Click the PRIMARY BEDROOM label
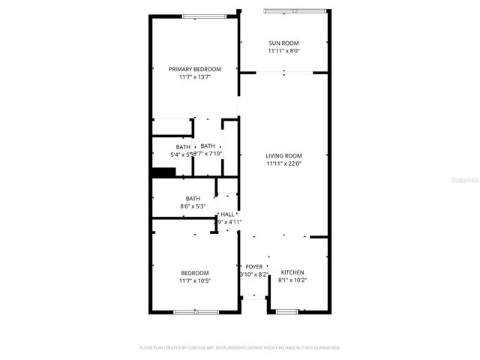click(194, 69)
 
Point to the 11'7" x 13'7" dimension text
click(194, 77)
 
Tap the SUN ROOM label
click(283, 43)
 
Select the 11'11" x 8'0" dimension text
click(283, 52)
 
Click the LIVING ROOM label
click(283, 156)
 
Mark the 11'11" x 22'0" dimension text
click(283, 164)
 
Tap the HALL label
click(227, 214)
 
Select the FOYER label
click(254, 266)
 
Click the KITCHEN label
click(292, 272)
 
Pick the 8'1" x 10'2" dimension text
click(292, 280)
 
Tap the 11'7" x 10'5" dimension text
click(194, 280)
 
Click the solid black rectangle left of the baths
click(163, 172)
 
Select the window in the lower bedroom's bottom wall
click(196, 311)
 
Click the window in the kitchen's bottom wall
click(287, 311)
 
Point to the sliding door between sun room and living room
click(284, 73)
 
